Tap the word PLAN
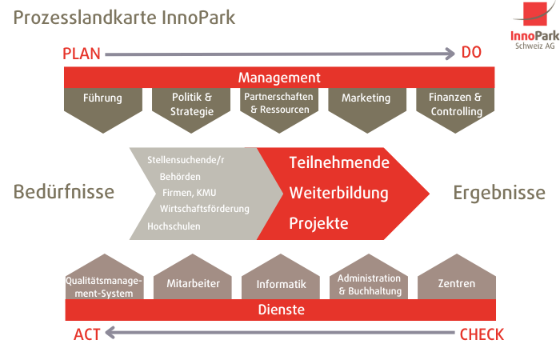[x=82, y=54]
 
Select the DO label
[x=471, y=53]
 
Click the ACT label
[x=86, y=334]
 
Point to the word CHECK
[x=482, y=334]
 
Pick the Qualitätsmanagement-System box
[x=105, y=277]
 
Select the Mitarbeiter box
[x=193, y=277]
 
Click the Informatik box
[x=281, y=277]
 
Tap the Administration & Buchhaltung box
[x=369, y=277]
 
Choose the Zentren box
[x=457, y=277]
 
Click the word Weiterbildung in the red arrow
[x=339, y=194]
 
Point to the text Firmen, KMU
[x=190, y=193]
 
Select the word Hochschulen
[x=174, y=226]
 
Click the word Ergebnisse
[x=499, y=193]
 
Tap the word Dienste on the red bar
[x=282, y=310]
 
